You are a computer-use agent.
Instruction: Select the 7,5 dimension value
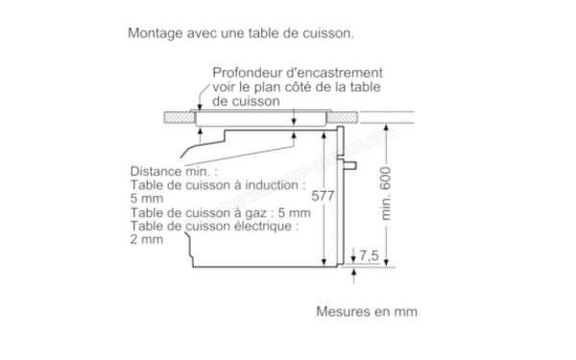coord(372,256)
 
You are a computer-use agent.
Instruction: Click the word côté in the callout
coord(294,86)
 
